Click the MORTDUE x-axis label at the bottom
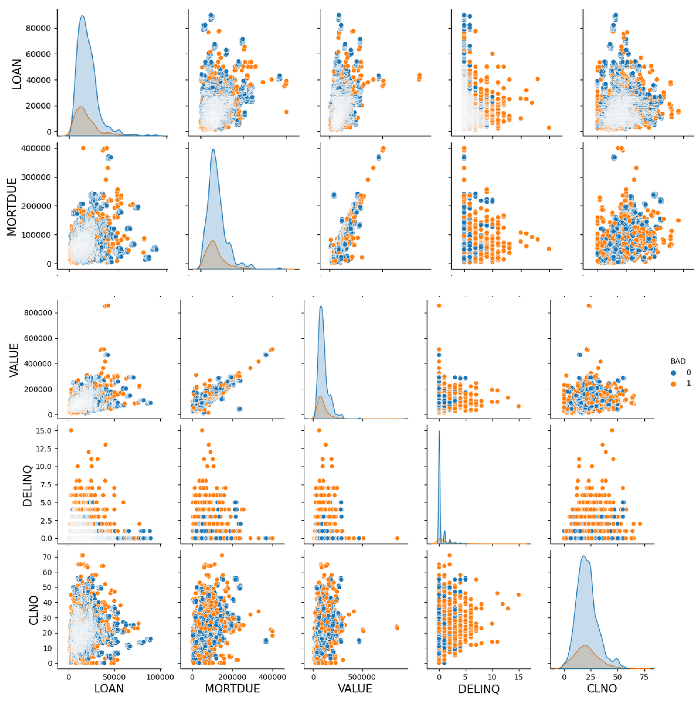pyautogui.click(x=232, y=688)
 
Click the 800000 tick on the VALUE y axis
pyautogui.click(x=36, y=313)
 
